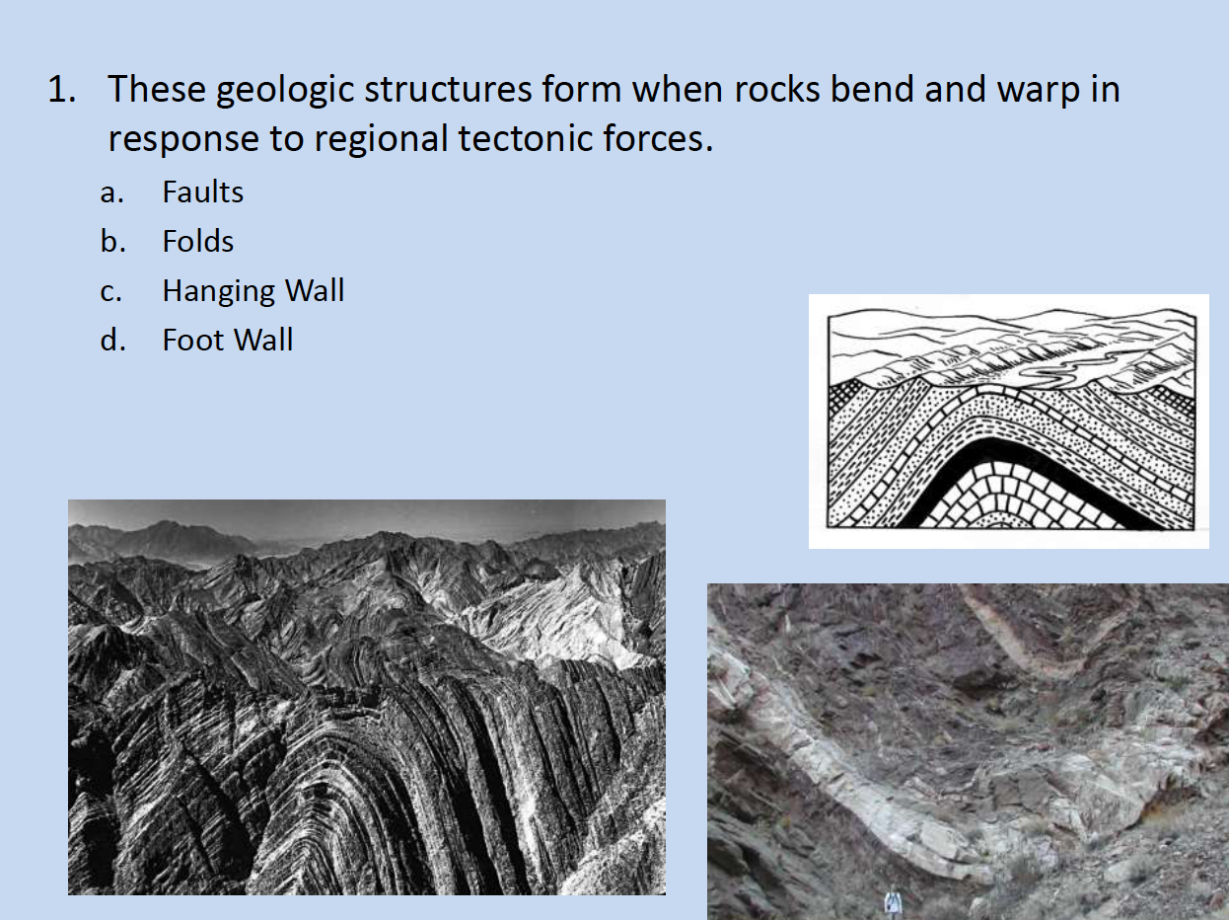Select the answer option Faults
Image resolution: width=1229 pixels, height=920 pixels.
point(202,192)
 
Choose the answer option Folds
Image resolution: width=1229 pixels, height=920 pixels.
point(197,241)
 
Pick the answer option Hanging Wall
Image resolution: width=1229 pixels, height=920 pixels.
point(253,290)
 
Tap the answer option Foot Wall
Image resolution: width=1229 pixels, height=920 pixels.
point(227,340)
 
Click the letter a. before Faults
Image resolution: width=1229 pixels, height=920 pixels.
point(111,192)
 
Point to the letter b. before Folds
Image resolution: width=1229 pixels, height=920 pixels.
point(111,242)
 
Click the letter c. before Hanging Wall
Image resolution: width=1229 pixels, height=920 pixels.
point(111,291)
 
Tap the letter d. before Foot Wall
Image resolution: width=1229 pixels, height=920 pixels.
point(111,341)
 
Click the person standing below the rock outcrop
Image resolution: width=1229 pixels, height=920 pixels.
point(893,902)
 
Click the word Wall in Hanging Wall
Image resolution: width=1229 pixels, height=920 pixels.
point(315,290)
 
